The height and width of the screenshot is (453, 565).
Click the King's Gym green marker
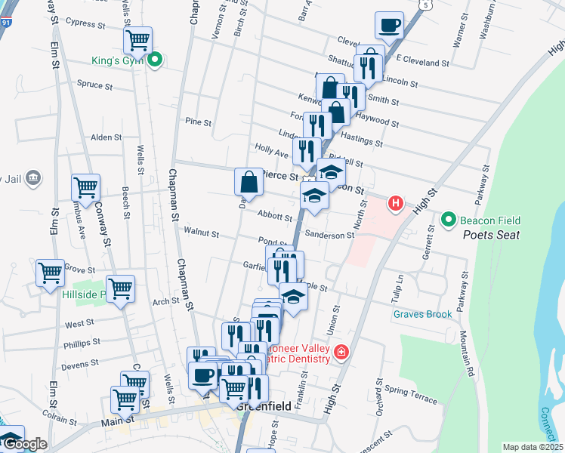[156, 58]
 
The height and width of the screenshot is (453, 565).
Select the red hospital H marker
[394, 202]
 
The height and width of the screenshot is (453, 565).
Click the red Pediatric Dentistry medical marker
[341, 353]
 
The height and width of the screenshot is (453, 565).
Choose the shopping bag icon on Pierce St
[249, 181]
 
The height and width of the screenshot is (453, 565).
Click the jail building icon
[33, 178]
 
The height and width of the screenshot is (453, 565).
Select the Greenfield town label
[264, 405]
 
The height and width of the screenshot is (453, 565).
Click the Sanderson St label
[329, 236]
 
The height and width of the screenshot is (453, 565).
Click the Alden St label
[106, 137]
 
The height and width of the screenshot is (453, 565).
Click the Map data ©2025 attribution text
[532, 447]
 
